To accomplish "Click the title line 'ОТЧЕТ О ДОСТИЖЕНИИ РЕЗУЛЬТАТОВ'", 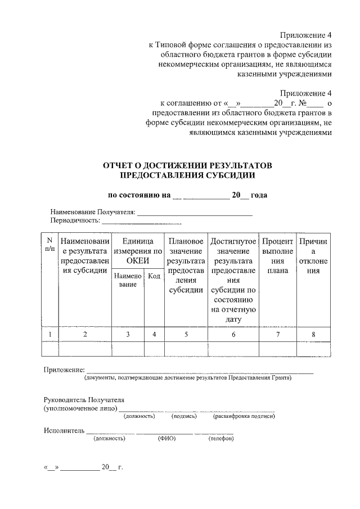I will point(187,166).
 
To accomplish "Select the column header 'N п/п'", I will point(49,245).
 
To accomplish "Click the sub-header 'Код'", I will point(154,276).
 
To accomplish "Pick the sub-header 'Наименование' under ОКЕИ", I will point(128,280).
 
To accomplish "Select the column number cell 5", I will point(186,335).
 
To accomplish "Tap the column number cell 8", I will point(313,335).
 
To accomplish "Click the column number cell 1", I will point(49,335).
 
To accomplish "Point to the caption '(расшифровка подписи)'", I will point(244,416).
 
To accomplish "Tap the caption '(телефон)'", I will point(220,438).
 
